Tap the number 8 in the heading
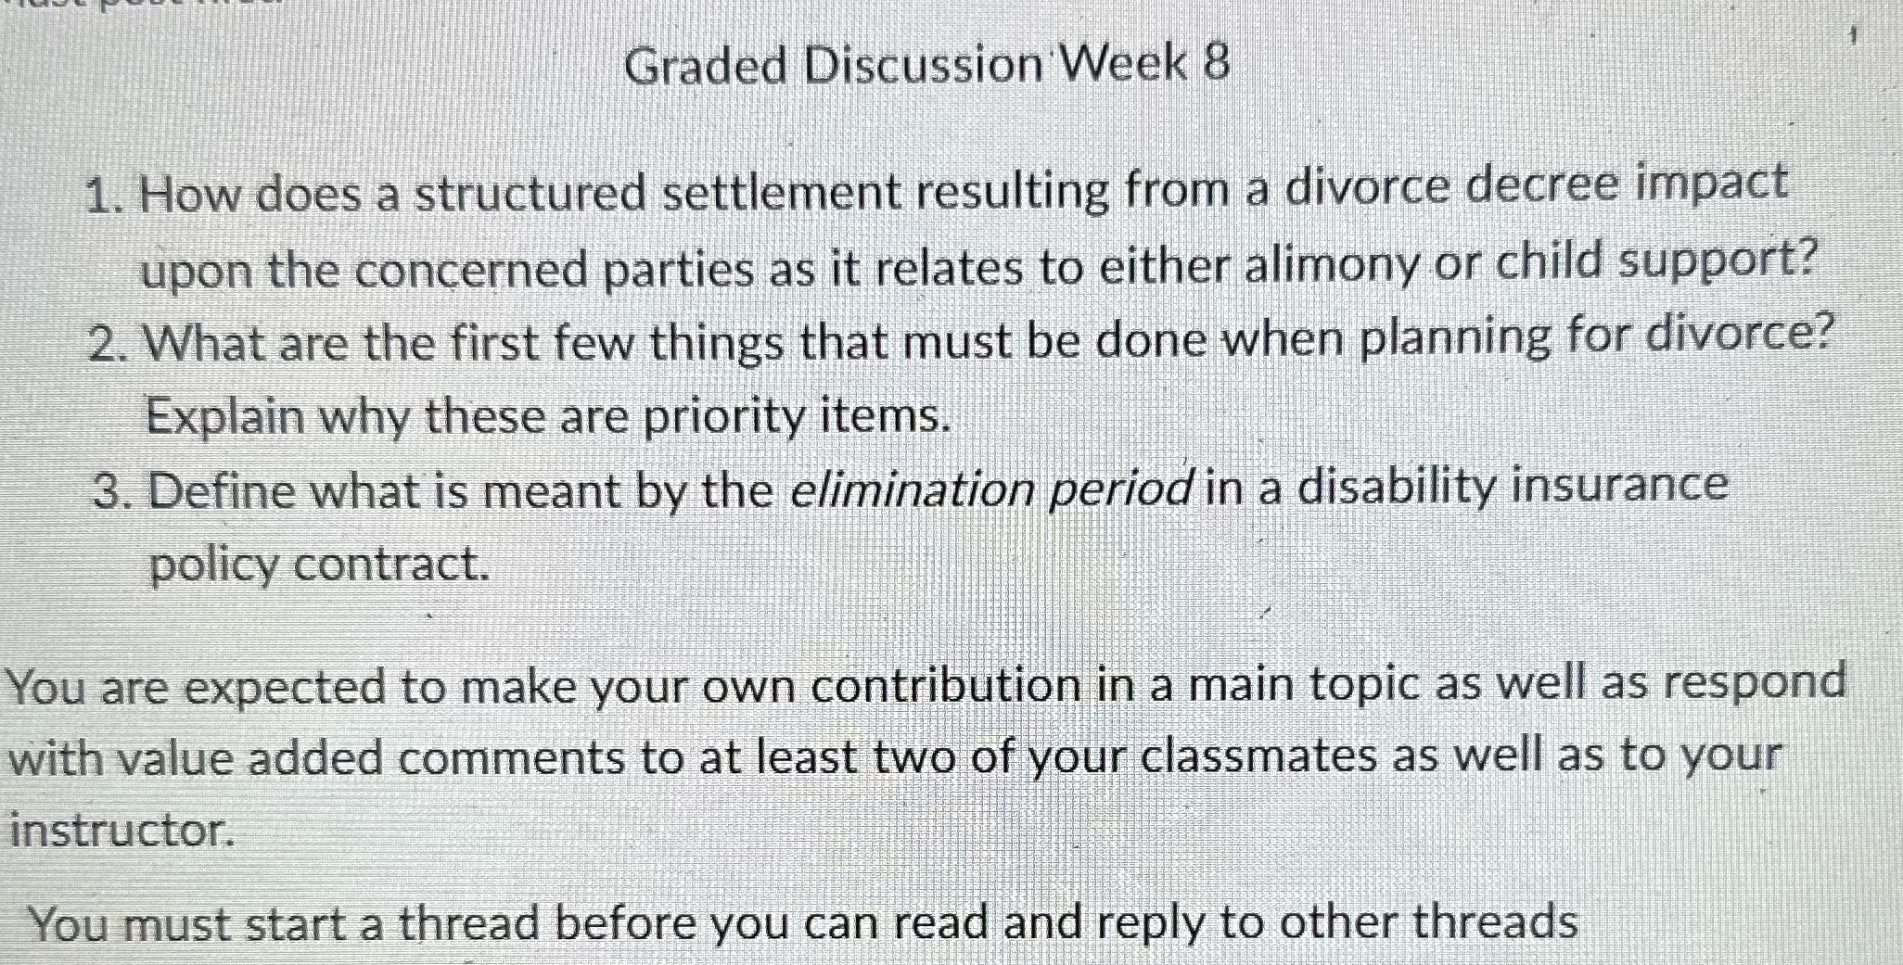click(1216, 64)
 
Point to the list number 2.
click(106, 345)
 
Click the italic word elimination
click(911, 489)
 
